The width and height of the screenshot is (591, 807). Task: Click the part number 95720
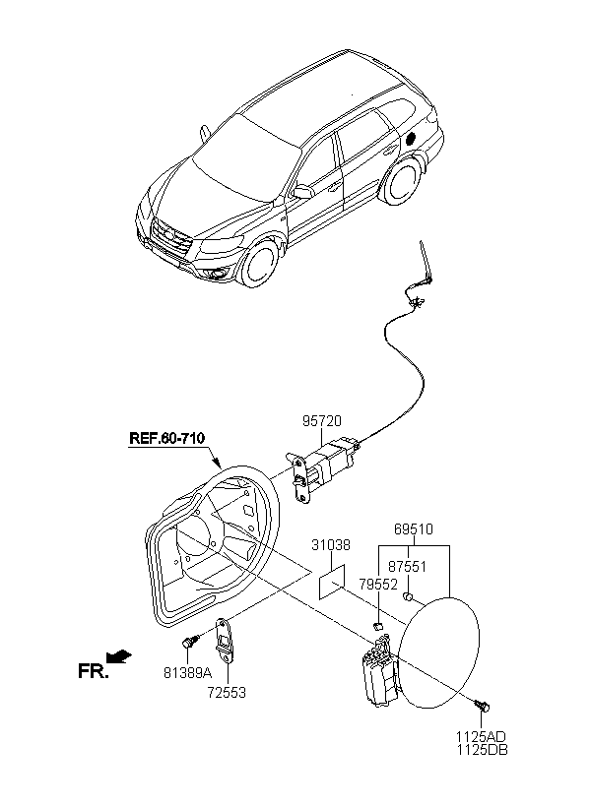click(321, 421)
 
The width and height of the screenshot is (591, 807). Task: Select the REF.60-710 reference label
click(166, 439)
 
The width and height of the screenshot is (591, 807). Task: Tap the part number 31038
click(331, 545)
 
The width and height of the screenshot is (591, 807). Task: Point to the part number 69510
click(414, 529)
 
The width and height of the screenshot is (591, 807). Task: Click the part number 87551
click(407, 567)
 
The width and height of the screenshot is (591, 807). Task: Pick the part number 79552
click(378, 585)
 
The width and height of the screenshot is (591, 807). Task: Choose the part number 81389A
click(187, 673)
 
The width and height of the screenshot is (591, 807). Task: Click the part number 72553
click(227, 693)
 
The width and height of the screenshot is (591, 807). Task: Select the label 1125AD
click(480, 737)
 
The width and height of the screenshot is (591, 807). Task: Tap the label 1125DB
click(482, 750)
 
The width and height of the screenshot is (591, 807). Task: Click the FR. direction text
click(94, 671)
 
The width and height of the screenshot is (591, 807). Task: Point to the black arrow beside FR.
click(119, 656)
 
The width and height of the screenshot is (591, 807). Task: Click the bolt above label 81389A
click(190, 643)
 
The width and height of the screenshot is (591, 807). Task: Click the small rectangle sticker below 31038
click(331, 582)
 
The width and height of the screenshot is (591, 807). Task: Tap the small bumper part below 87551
click(407, 596)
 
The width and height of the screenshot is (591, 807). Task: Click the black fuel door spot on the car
click(411, 139)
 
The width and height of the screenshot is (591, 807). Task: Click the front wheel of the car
click(262, 267)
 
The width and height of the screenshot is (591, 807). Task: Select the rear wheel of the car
click(400, 181)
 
